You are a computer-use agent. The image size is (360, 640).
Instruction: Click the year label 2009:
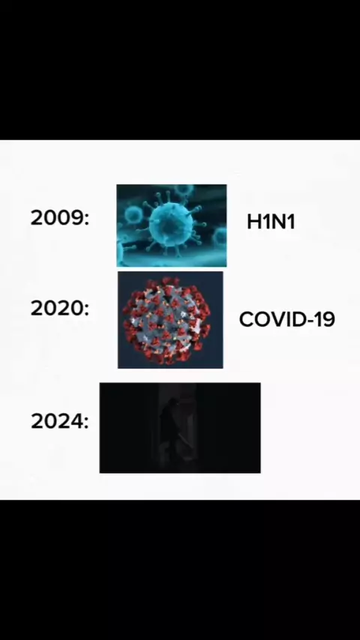point(60,217)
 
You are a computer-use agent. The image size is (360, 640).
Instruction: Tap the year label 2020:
point(60,309)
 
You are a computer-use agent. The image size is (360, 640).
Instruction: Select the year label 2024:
point(60,421)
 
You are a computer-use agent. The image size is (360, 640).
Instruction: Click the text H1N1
point(271,222)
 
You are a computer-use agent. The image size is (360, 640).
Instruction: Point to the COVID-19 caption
point(286,319)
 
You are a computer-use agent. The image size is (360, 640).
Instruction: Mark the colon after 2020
point(86,310)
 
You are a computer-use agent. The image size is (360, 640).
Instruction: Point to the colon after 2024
point(86,423)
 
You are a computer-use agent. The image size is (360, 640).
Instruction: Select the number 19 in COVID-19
point(325,319)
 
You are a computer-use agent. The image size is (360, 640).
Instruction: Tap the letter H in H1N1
point(253,222)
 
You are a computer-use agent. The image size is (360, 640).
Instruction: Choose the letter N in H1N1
point(278,222)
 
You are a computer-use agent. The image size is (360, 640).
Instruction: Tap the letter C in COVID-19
point(246,319)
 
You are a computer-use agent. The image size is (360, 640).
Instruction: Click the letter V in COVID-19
point(277,319)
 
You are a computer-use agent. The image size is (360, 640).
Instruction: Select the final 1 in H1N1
point(291,222)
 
